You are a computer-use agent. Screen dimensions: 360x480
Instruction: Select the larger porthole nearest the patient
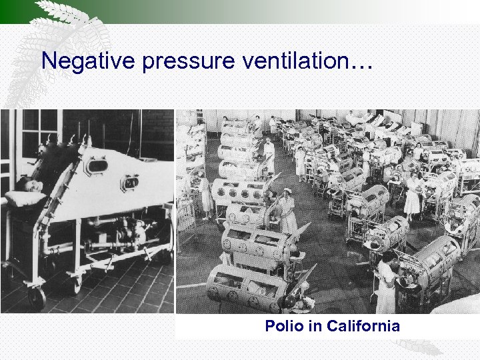pos(97,165)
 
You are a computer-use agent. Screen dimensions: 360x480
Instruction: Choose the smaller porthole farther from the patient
pos(131,181)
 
